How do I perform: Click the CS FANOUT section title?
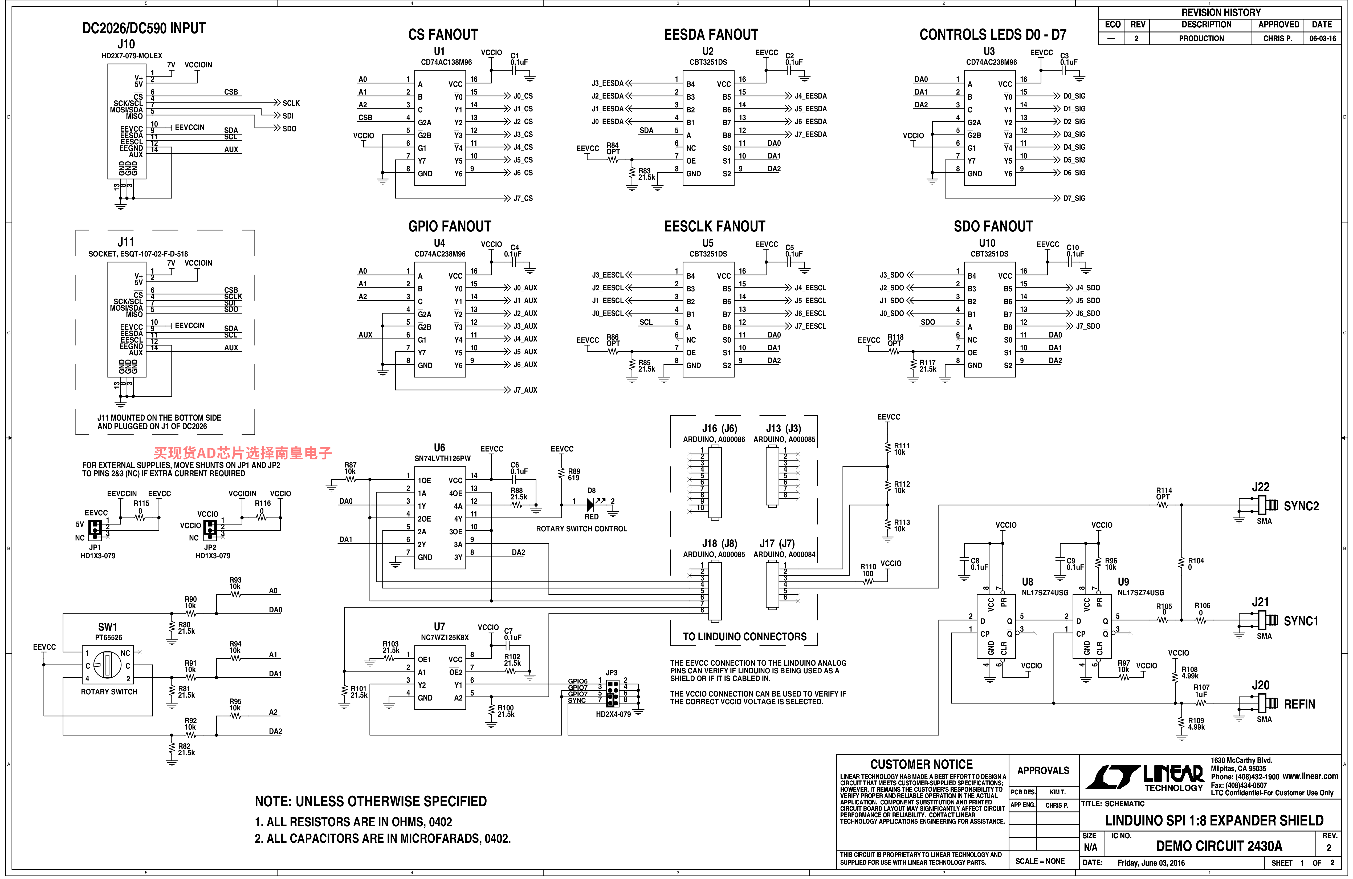(443, 35)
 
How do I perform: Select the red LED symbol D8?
(591, 504)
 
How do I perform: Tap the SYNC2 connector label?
(1301, 506)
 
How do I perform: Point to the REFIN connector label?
(1299, 705)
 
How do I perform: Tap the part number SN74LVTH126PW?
(442, 458)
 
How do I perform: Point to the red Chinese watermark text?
(243, 453)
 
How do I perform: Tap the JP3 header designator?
(611, 673)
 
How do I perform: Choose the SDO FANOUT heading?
(993, 226)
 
